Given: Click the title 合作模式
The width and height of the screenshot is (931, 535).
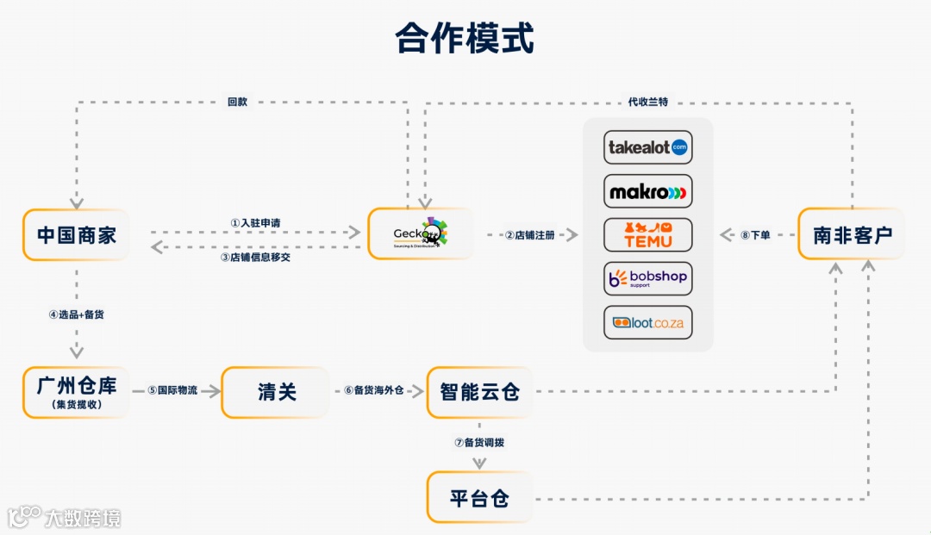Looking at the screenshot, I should point(465,39).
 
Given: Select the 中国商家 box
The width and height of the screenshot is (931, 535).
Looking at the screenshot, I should point(76,234).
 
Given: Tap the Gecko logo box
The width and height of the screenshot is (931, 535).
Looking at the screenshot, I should point(421,233).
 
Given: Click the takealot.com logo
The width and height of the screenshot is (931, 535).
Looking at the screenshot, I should point(648,146).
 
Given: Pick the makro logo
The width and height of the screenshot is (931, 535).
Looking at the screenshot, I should point(648,191).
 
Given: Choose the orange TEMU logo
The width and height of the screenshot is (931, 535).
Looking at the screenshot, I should point(648,235).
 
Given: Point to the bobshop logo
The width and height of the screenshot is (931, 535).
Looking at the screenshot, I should point(648,278).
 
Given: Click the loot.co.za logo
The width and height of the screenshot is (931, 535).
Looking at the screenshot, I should point(648,322).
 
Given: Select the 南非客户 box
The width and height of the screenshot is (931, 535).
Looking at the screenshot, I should point(852,234).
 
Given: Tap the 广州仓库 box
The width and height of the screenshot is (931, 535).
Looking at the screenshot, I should point(76,392).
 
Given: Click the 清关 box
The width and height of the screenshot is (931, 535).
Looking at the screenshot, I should point(276,392).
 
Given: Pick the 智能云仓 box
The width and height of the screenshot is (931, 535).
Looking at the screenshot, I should point(480,392).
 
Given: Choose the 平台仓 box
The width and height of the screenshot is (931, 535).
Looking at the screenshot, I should point(480,498).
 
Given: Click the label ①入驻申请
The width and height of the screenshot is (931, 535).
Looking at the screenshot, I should point(255,222).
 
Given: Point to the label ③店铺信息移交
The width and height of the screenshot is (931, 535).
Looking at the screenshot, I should point(255,257).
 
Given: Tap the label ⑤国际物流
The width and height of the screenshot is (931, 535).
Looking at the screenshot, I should point(172,390).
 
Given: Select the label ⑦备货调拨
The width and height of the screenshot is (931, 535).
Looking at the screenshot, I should point(479,443).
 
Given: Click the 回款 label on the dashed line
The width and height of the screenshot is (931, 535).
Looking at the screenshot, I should point(237,102).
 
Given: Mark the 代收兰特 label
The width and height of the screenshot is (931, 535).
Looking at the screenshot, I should point(648,102).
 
